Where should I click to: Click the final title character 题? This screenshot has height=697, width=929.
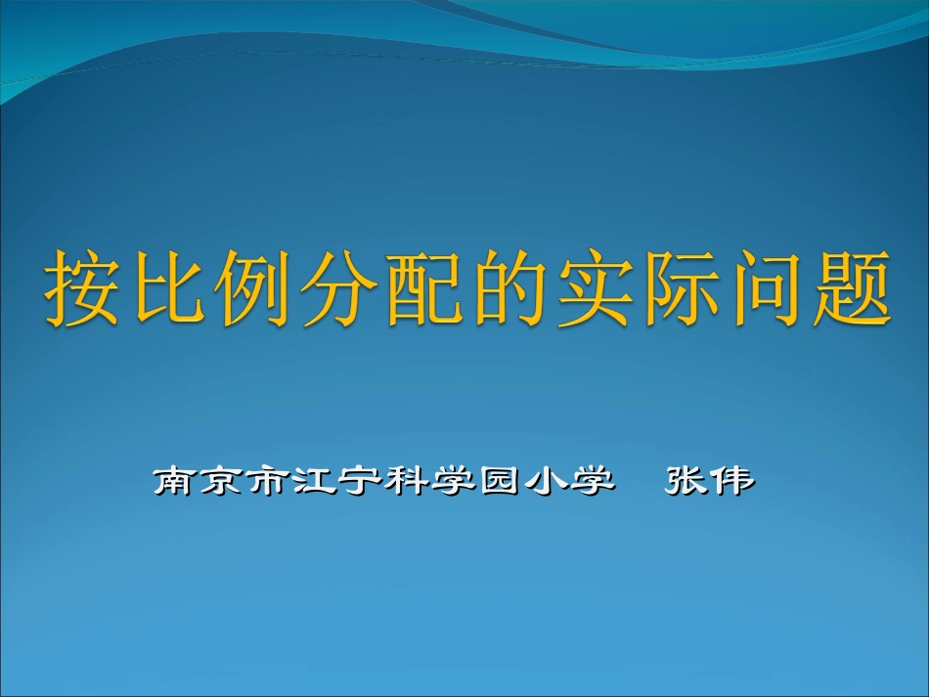pos(848,289)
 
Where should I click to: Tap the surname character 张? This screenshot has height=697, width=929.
pos(686,481)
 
